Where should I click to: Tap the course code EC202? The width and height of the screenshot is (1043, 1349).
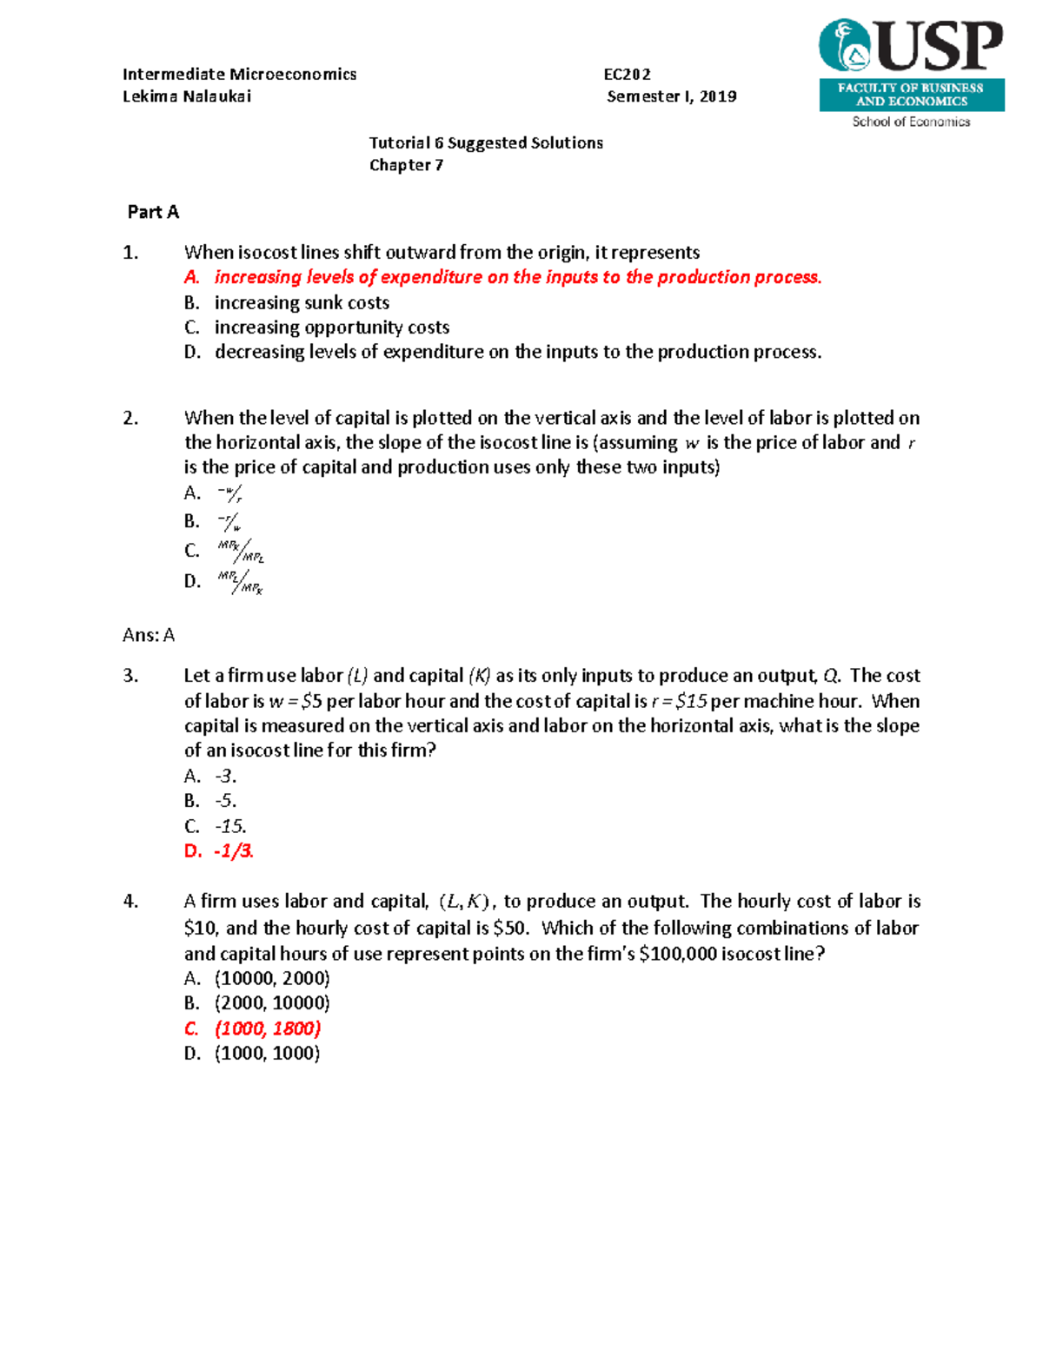(627, 75)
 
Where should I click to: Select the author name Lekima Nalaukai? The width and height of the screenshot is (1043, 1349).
(187, 96)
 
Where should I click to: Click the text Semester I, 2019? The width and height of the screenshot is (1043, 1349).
(671, 96)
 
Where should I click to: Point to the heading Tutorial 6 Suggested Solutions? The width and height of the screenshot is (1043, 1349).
(486, 143)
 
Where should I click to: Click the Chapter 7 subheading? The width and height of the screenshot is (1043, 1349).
(406, 165)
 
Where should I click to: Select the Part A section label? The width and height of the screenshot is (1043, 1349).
(153, 212)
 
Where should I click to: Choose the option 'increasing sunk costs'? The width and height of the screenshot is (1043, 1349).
(302, 302)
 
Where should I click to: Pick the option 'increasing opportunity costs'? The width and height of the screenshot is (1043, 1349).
(332, 327)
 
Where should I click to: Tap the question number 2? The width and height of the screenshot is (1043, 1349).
(130, 418)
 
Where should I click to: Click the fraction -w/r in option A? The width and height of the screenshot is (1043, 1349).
(229, 494)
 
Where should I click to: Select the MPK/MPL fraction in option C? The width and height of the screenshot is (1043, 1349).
(241, 552)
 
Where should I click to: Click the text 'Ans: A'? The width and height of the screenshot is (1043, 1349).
(149, 635)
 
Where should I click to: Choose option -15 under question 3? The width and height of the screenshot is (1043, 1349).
(230, 826)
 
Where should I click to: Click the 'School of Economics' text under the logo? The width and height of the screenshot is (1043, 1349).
(911, 122)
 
